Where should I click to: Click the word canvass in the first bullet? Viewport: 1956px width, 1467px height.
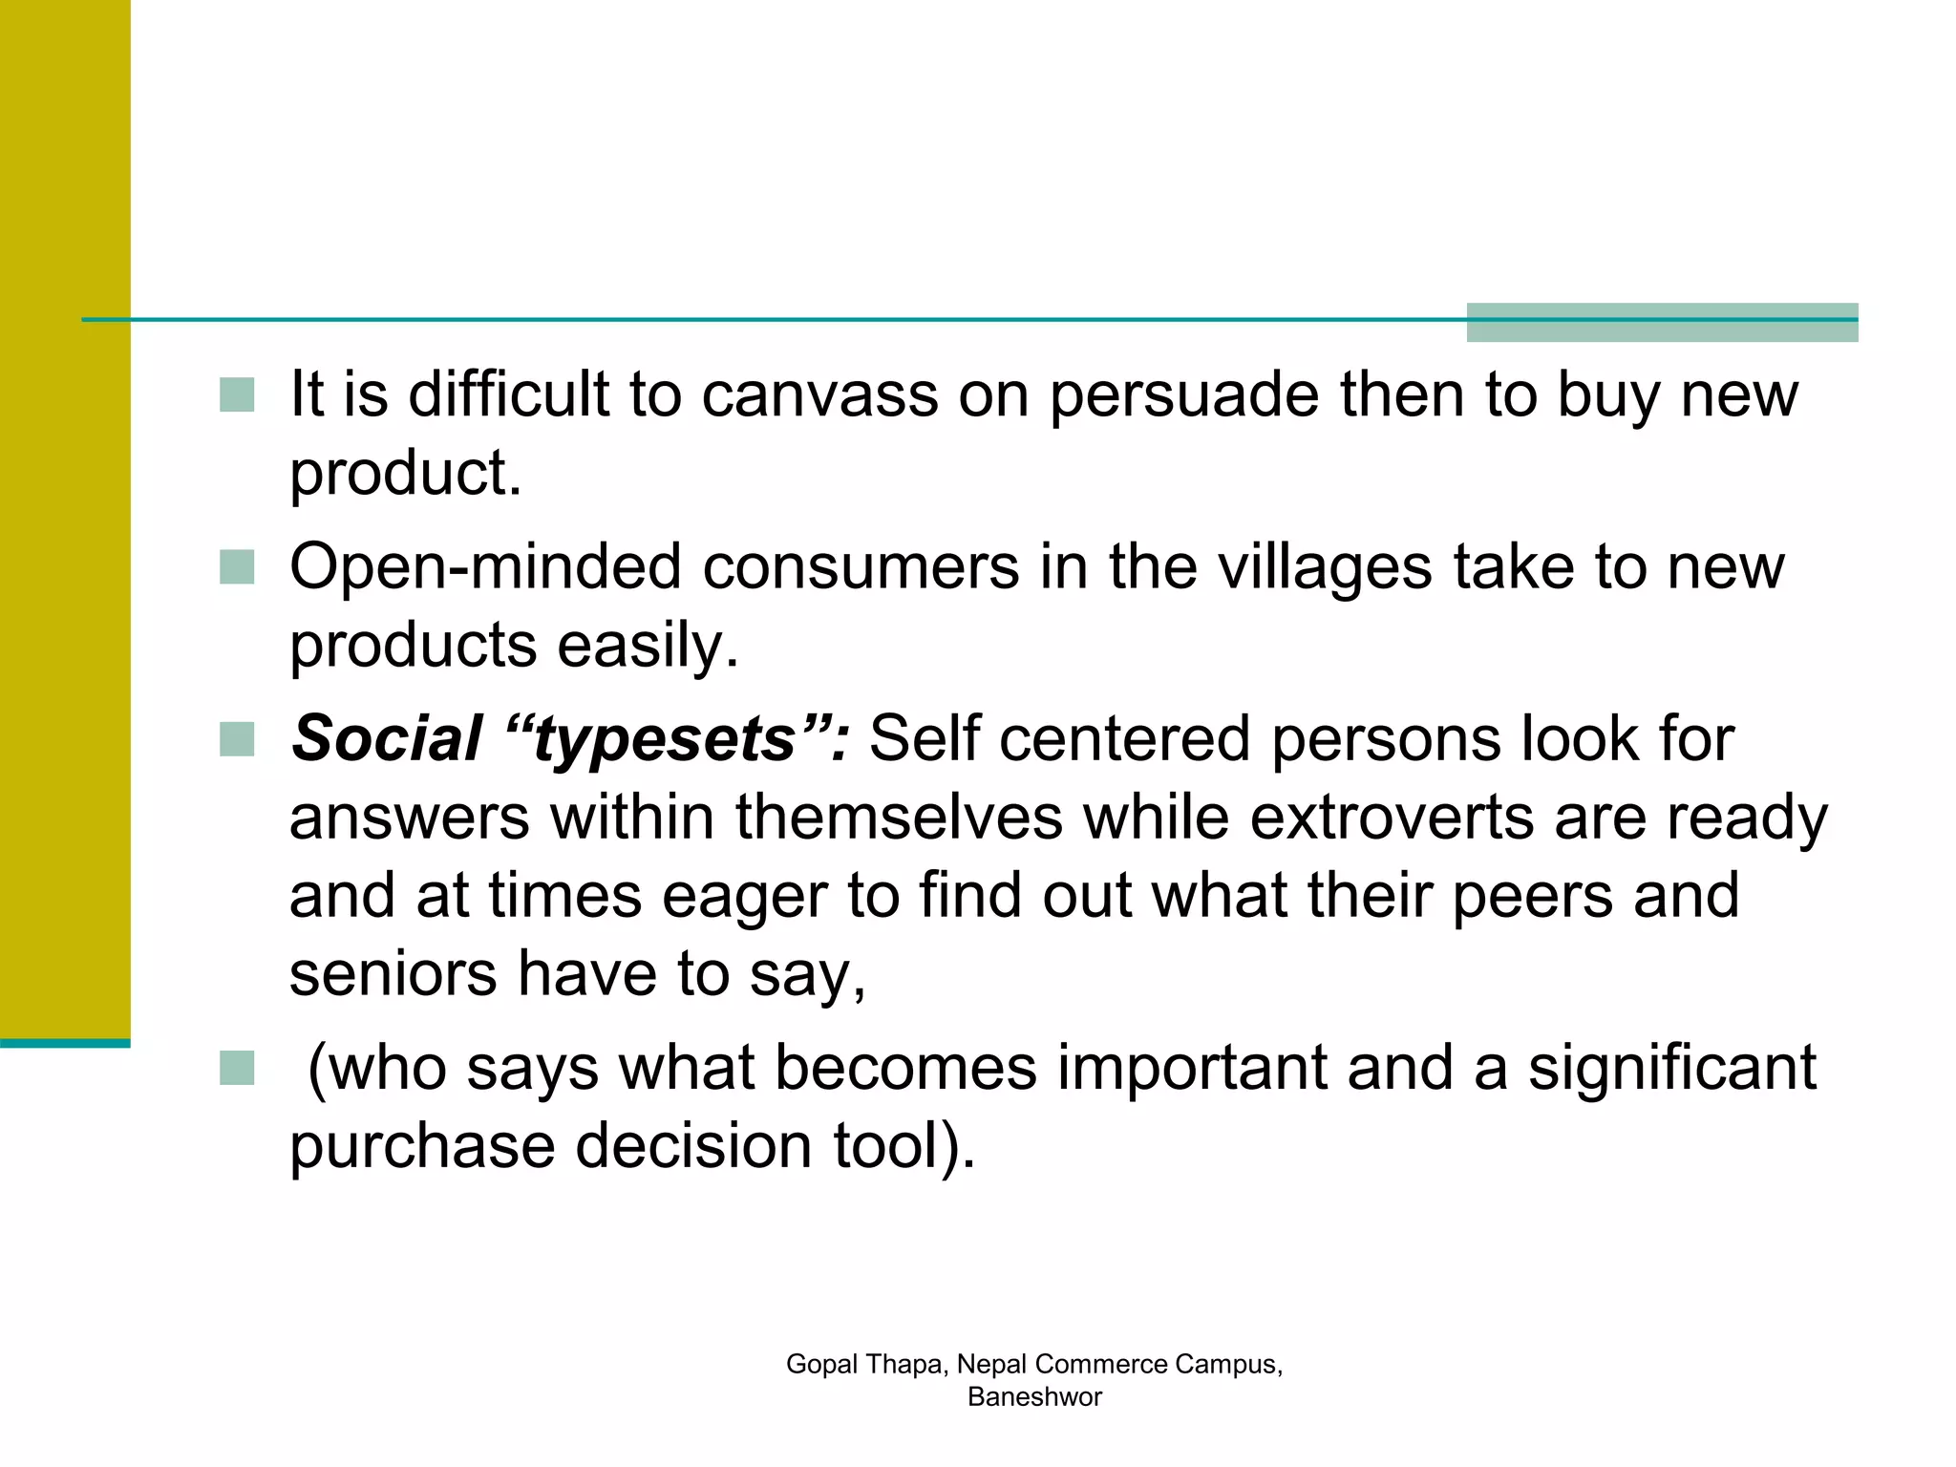click(819, 394)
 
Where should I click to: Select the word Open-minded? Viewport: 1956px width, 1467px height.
click(485, 567)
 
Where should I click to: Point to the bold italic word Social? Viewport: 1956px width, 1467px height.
click(386, 739)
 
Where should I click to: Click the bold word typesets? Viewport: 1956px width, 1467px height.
click(664, 739)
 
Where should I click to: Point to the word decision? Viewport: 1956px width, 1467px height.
click(693, 1145)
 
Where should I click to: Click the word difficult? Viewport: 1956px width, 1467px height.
click(508, 394)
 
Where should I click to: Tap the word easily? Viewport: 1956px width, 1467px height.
click(648, 646)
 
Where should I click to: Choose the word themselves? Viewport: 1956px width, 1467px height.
click(899, 818)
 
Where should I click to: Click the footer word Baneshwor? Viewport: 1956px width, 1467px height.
click(1034, 1396)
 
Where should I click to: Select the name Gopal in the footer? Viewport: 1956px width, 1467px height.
click(821, 1364)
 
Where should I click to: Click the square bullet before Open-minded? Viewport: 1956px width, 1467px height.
click(237, 566)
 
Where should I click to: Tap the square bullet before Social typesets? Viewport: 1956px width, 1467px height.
click(237, 739)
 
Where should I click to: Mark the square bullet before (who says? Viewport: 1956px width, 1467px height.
click(237, 1068)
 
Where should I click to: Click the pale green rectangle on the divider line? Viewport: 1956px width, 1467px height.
click(1662, 322)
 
